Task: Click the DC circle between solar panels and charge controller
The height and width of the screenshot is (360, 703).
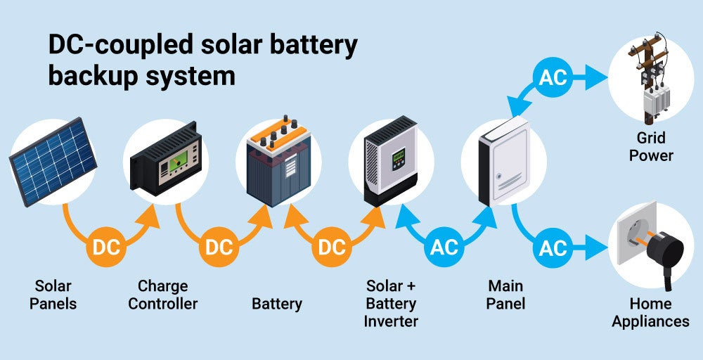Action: coord(107,247)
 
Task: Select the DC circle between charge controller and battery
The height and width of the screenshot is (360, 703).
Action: coord(219,247)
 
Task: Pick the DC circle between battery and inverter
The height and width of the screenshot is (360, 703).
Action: coord(331,247)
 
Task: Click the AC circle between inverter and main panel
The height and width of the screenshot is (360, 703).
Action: coord(444,247)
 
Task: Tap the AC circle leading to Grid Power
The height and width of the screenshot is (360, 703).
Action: coord(553,77)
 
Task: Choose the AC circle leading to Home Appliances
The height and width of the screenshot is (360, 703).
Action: coord(553,247)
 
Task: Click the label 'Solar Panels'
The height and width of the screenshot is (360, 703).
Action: coord(53,295)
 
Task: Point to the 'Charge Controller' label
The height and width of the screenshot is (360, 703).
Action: coord(162,295)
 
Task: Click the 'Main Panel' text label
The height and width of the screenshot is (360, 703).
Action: coord(505,295)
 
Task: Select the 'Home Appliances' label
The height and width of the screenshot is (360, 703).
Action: coord(650,313)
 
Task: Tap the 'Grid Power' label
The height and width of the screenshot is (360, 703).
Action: coord(651,146)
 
